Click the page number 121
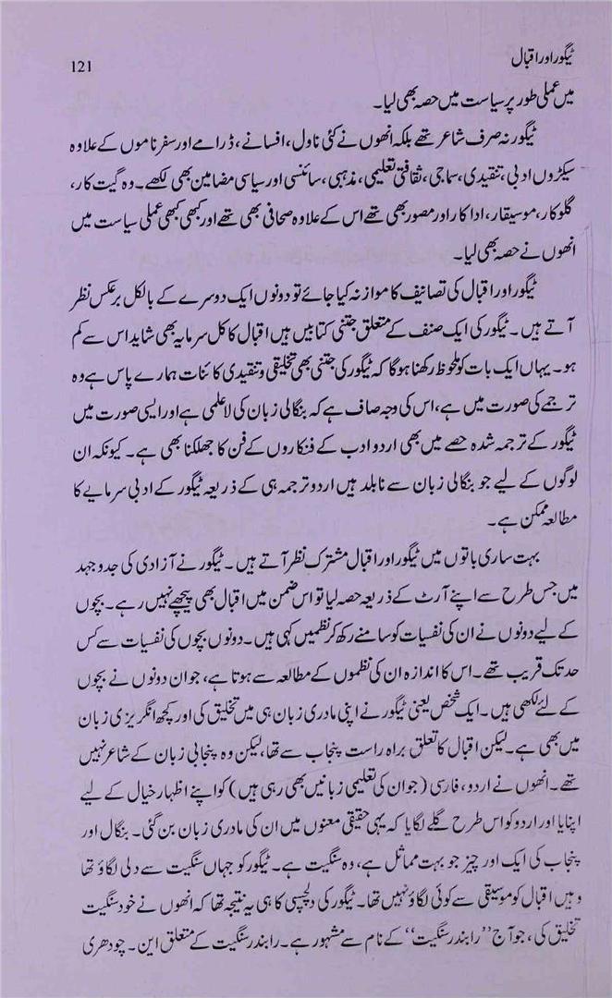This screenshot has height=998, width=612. tap(79, 67)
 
